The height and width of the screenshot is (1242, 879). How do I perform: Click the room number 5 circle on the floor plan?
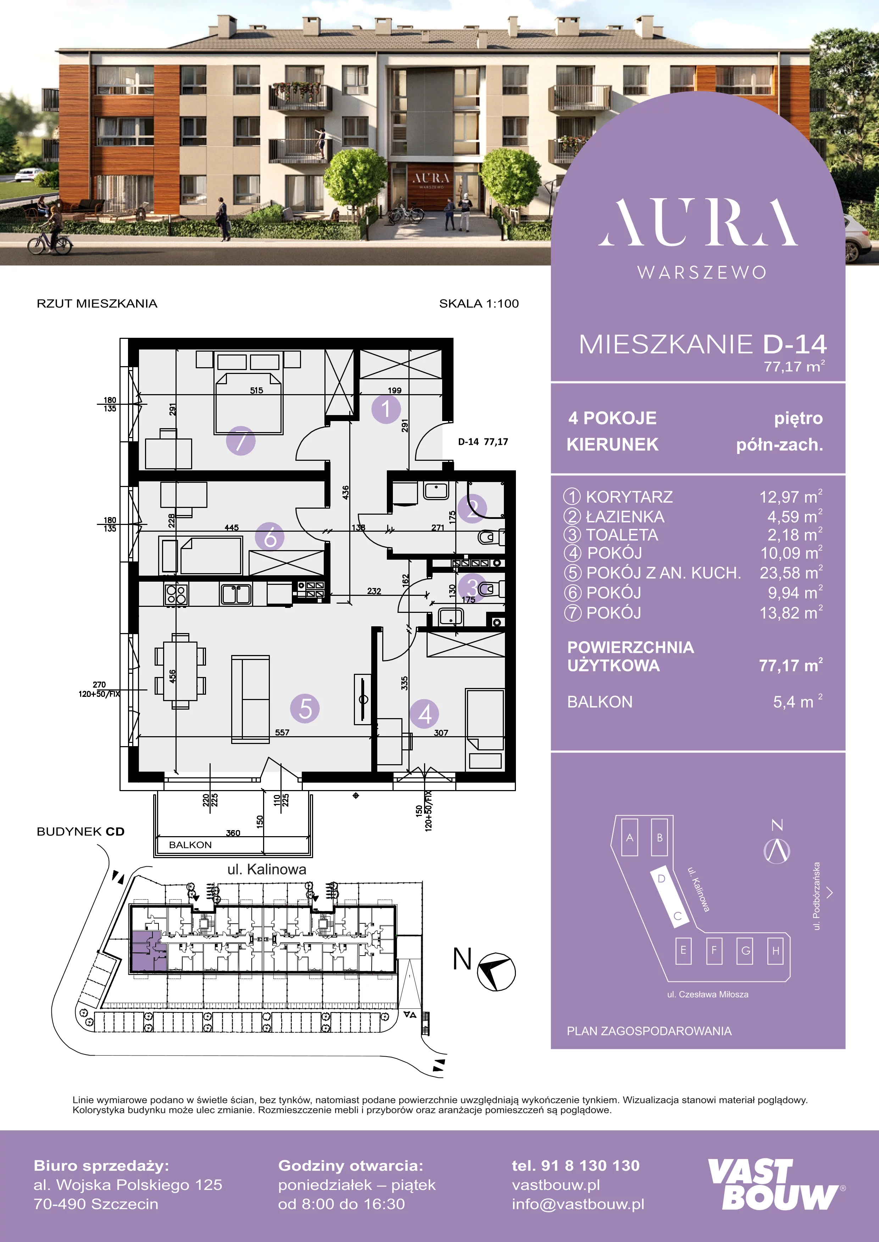click(x=305, y=709)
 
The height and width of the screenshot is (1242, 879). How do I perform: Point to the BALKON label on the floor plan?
click(x=190, y=844)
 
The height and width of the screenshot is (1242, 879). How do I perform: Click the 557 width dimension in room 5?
click(x=282, y=732)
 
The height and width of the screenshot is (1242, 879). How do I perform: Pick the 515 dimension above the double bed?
click(x=257, y=390)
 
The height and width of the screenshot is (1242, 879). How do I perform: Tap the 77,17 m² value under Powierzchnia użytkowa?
click(x=791, y=665)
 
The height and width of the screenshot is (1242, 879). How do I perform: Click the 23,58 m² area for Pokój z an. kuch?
click(x=791, y=572)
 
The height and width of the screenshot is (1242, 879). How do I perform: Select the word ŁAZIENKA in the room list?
click(x=625, y=516)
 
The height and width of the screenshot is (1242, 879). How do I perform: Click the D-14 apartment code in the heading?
click(x=795, y=344)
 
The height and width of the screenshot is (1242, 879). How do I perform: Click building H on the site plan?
click(x=775, y=950)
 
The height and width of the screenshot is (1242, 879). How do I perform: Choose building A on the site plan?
click(x=629, y=837)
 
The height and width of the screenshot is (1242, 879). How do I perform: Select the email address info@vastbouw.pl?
click(x=578, y=1204)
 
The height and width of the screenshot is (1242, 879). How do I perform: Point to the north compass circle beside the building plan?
click(x=496, y=972)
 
